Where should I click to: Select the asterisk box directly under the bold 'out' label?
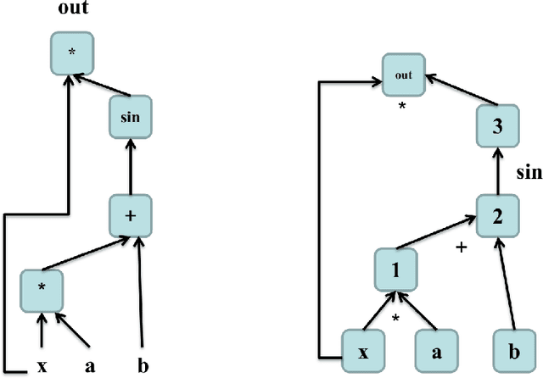pos(72,53)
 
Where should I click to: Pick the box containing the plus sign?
pos(130,216)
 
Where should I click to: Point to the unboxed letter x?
pos(42,366)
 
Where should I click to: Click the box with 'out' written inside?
pos(403,75)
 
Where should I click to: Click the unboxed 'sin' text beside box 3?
pos(529,174)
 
